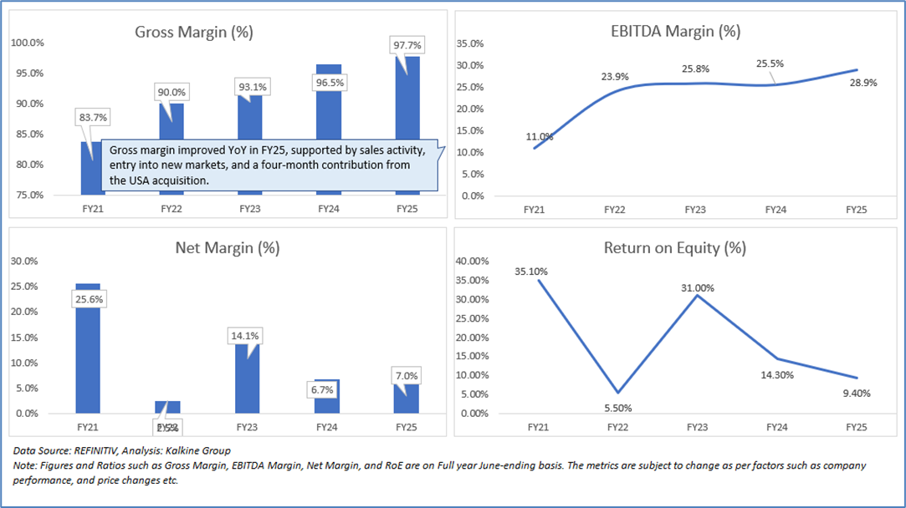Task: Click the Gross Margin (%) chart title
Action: [x=194, y=33]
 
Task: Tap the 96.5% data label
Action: [x=329, y=84]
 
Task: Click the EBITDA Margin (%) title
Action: [x=674, y=32]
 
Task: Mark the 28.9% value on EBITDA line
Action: [x=862, y=83]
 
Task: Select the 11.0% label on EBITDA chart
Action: [x=540, y=136]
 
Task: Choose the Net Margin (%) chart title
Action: [x=227, y=248]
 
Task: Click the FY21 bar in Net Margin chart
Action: [x=88, y=351]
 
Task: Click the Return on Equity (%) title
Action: [x=674, y=248]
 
